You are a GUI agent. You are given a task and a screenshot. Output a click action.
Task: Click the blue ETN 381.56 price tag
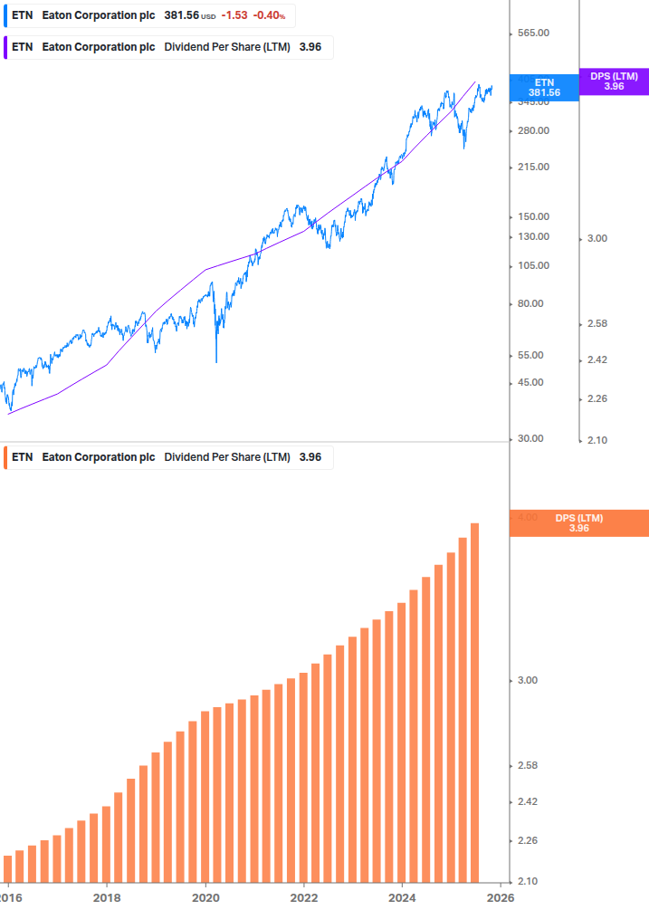(x=544, y=87)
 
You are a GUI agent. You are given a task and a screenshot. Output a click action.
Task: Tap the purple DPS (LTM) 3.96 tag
(x=614, y=81)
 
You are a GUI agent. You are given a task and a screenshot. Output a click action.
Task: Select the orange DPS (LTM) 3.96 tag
(x=579, y=522)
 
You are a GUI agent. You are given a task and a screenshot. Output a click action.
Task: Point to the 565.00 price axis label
(x=532, y=34)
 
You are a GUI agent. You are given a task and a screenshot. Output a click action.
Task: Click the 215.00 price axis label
(x=532, y=168)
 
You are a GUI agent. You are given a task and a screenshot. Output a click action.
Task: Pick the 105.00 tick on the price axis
(x=532, y=265)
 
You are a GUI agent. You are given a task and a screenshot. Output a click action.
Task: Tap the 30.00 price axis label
(x=530, y=438)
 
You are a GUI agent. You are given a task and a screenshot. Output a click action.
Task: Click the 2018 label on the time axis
(x=107, y=897)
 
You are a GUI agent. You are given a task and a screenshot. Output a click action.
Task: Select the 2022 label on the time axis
(x=304, y=897)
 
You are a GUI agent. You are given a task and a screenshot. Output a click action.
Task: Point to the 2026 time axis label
(x=501, y=897)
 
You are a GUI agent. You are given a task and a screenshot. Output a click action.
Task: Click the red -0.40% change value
(x=269, y=15)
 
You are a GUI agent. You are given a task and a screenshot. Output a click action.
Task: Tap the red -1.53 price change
(x=234, y=15)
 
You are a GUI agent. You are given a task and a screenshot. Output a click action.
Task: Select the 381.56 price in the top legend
(x=181, y=15)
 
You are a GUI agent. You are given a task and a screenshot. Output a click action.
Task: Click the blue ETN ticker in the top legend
(x=23, y=15)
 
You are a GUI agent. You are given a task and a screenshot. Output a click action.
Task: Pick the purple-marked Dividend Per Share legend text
(x=226, y=47)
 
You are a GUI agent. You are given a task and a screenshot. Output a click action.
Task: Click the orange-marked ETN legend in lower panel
(x=23, y=457)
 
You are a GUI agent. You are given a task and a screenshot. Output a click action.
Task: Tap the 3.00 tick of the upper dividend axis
(x=597, y=238)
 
